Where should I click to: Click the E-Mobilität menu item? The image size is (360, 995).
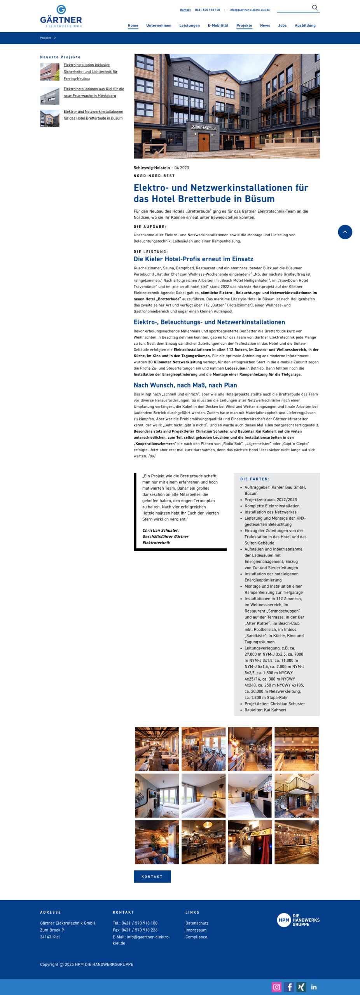point(218,26)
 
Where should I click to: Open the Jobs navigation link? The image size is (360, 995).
point(282,26)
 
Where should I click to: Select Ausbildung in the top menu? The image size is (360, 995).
point(305,26)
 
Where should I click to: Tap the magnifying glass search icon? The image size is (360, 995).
point(315,8)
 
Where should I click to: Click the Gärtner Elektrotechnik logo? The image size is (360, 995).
point(61,16)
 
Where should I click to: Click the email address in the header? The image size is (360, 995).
point(249,10)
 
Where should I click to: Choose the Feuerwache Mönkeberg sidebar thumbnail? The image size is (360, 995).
point(50,96)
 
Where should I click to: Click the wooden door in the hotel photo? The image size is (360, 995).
point(204,142)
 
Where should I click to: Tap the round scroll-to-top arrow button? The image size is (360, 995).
point(345,232)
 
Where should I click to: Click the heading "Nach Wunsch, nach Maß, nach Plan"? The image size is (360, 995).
point(185,385)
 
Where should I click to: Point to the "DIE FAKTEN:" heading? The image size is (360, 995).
point(255,479)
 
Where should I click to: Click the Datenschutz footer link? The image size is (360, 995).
point(197,923)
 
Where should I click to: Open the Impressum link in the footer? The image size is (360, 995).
point(196,930)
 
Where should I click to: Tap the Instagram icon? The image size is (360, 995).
point(276,987)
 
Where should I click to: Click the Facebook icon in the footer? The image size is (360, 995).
point(289,987)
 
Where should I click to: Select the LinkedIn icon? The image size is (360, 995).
point(314,987)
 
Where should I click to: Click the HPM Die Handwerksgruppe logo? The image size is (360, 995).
point(298,920)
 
